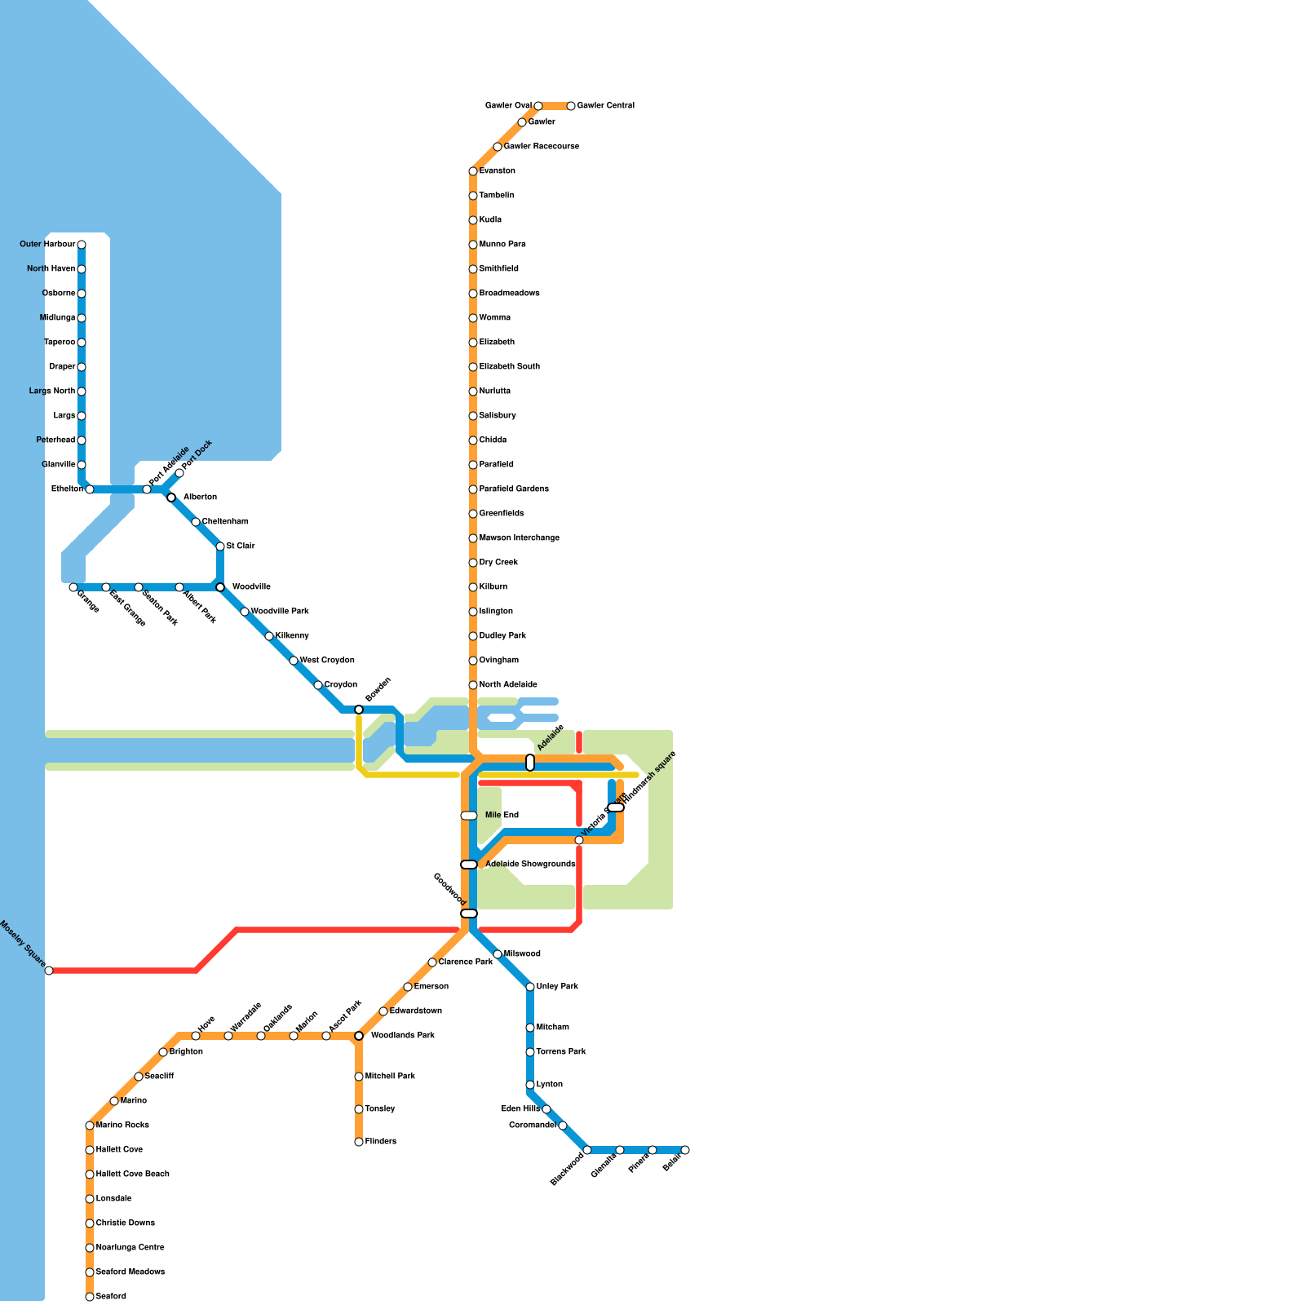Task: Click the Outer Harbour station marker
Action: tap(82, 245)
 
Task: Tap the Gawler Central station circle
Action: tap(571, 106)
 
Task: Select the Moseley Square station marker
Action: tap(49, 971)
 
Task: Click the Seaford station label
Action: tap(111, 1297)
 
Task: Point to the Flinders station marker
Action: tap(359, 1142)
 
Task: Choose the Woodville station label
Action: tap(251, 587)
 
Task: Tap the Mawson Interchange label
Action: tap(519, 538)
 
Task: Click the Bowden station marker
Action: tap(359, 710)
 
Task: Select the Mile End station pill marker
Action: tap(469, 816)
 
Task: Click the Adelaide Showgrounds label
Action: tap(530, 865)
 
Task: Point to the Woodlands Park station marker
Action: tap(359, 1036)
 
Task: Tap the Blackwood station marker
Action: tap(587, 1150)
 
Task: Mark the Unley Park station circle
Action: tap(530, 987)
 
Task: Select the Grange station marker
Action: tap(73, 587)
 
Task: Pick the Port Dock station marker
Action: tap(179, 473)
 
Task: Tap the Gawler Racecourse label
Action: tap(541, 147)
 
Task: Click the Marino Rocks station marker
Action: tap(90, 1126)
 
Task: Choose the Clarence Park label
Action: tap(465, 962)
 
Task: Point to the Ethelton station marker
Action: tap(90, 489)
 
